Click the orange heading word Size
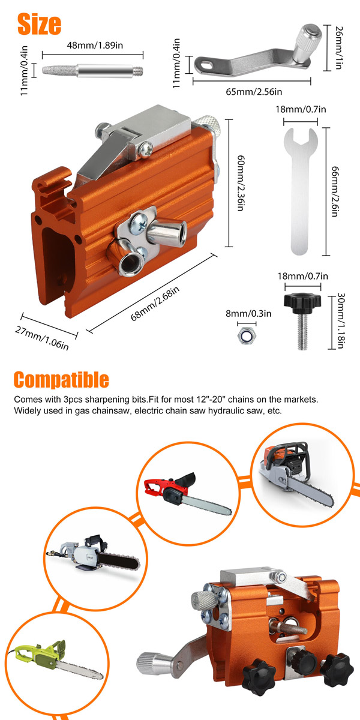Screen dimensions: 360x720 39,24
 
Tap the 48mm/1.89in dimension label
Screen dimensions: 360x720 95,46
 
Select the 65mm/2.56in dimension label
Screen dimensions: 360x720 254,92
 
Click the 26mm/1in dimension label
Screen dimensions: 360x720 339,48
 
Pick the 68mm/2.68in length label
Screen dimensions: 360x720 155,304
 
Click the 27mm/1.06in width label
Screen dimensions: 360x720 42,338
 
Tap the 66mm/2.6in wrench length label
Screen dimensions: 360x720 335,191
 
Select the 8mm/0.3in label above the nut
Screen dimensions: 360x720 248,313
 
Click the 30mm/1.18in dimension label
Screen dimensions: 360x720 340,321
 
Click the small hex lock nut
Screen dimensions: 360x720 247,335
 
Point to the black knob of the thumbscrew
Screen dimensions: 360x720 302,301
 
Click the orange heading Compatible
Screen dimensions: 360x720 61,380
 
